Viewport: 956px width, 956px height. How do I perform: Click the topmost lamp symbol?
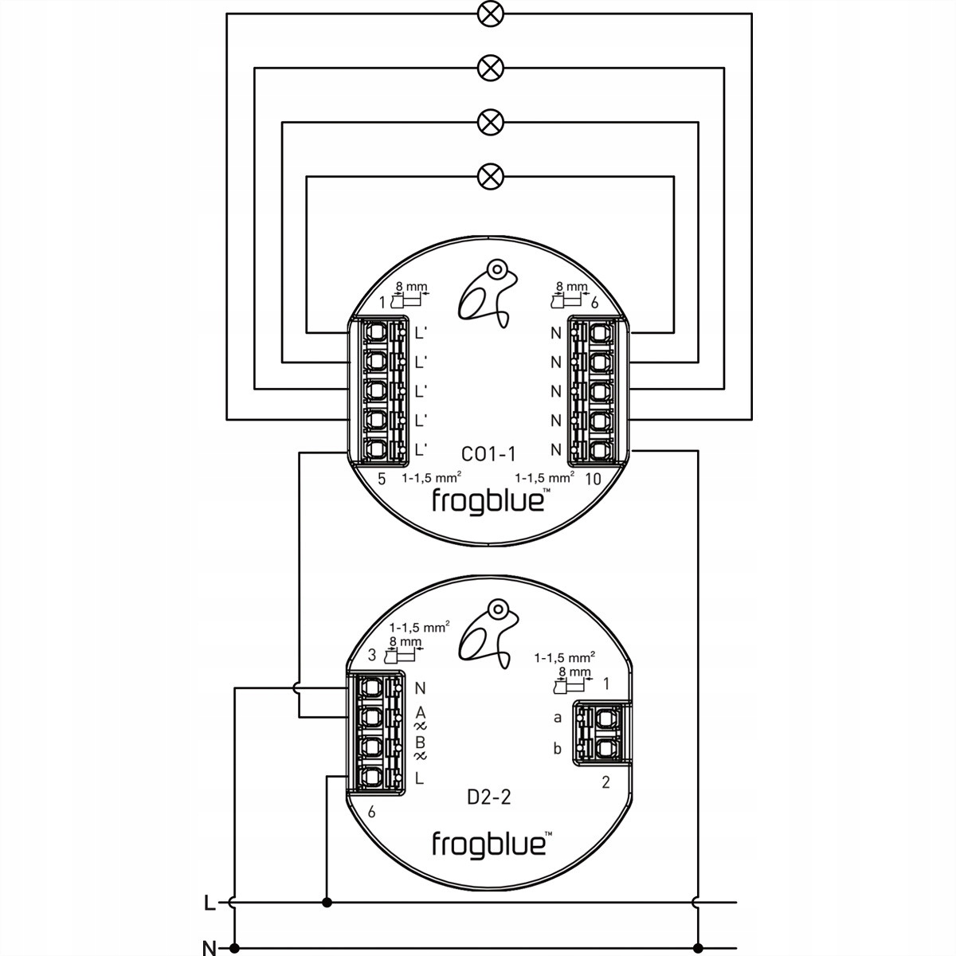[x=488, y=14]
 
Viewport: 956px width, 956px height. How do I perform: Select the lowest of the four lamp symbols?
[x=488, y=175]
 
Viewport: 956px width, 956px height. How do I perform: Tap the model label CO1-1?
[x=489, y=454]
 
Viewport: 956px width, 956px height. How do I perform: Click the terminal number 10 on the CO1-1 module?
[x=592, y=479]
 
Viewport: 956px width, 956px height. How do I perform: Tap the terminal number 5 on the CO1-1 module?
[x=381, y=479]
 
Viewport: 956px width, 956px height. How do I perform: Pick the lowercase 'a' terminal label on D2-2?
[x=558, y=718]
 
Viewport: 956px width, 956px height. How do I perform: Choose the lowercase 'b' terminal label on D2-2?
[x=558, y=749]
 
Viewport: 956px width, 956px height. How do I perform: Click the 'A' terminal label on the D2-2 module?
[x=421, y=711]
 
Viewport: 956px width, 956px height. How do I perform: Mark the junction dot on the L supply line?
[x=326, y=903]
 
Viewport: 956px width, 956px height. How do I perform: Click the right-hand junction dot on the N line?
[x=698, y=947]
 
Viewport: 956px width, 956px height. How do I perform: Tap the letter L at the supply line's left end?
[x=209, y=903]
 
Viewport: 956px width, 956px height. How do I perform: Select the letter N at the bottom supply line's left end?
[x=209, y=947]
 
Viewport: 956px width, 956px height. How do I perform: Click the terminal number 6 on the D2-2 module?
[x=371, y=813]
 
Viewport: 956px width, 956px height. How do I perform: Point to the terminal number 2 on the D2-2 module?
[x=605, y=782]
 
